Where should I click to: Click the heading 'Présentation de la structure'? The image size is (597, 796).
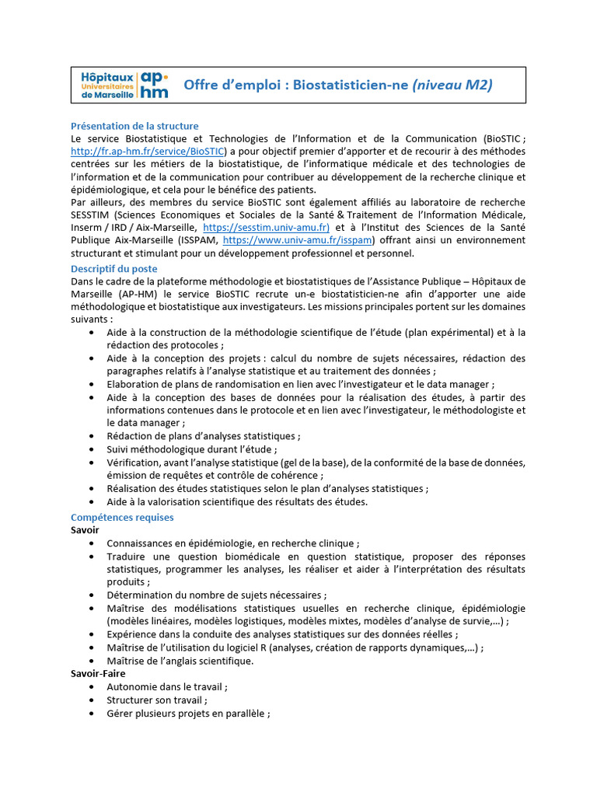click(134, 126)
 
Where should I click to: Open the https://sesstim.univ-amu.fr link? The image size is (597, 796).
click(267, 228)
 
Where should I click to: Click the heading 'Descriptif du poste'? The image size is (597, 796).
click(113, 269)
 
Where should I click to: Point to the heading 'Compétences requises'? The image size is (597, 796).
click(122, 517)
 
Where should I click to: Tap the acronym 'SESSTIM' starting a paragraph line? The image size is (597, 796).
click(91, 215)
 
